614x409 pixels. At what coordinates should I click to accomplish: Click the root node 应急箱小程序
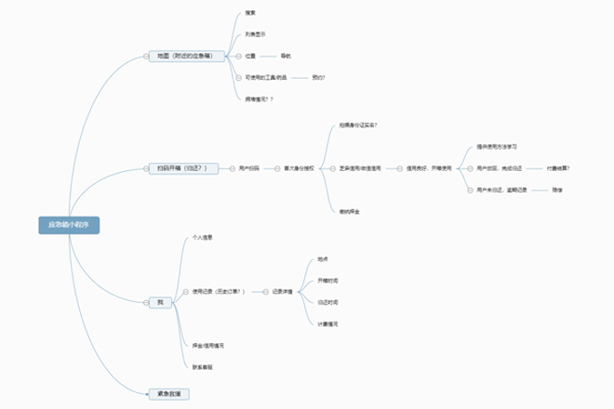tap(69, 224)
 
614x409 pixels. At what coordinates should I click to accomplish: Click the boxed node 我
tap(159, 302)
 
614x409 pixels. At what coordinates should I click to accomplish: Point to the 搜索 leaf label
tap(250, 12)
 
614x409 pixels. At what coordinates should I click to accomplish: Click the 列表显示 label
tap(255, 33)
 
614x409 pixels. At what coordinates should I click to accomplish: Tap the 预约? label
tap(319, 77)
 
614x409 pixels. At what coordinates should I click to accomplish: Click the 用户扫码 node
tap(250, 168)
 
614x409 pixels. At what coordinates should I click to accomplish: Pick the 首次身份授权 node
tap(300, 168)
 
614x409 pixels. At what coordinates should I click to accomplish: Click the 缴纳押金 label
tap(351, 212)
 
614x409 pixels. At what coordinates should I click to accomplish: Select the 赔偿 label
tap(557, 190)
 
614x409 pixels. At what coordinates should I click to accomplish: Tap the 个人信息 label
tap(202, 238)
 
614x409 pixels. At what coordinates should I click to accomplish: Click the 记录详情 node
tap(284, 291)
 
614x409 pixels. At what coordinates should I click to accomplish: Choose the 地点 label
tap(323, 258)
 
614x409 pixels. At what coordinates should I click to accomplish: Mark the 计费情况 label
tap(327, 323)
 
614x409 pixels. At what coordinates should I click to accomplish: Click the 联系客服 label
tap(203, 367)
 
